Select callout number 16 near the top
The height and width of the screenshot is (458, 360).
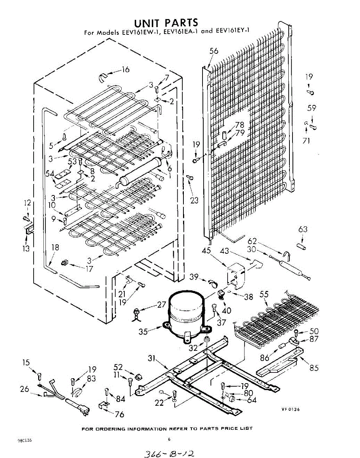125,69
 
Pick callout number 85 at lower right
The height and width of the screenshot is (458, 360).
314,368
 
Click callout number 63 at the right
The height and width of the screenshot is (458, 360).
303,230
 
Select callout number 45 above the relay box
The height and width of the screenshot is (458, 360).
206,251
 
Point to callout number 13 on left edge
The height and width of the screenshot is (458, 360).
26,249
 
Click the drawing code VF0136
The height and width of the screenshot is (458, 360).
291,410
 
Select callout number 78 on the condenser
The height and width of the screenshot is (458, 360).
239,125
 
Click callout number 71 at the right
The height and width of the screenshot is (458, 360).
306,141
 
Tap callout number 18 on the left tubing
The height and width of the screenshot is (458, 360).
55,247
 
